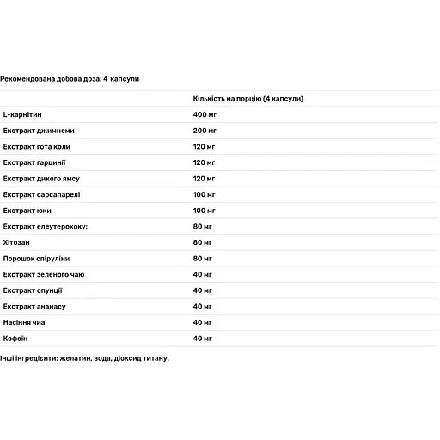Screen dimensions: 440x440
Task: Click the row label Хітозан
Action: (x=16, y=242)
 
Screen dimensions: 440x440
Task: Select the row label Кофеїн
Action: (x=15, y=339)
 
